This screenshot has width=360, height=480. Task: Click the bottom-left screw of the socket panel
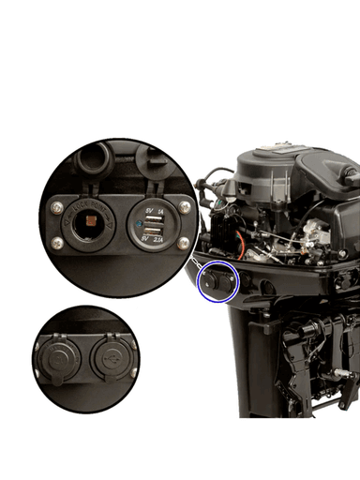(59, 246)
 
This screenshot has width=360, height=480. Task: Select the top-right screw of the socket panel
(185, 204)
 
